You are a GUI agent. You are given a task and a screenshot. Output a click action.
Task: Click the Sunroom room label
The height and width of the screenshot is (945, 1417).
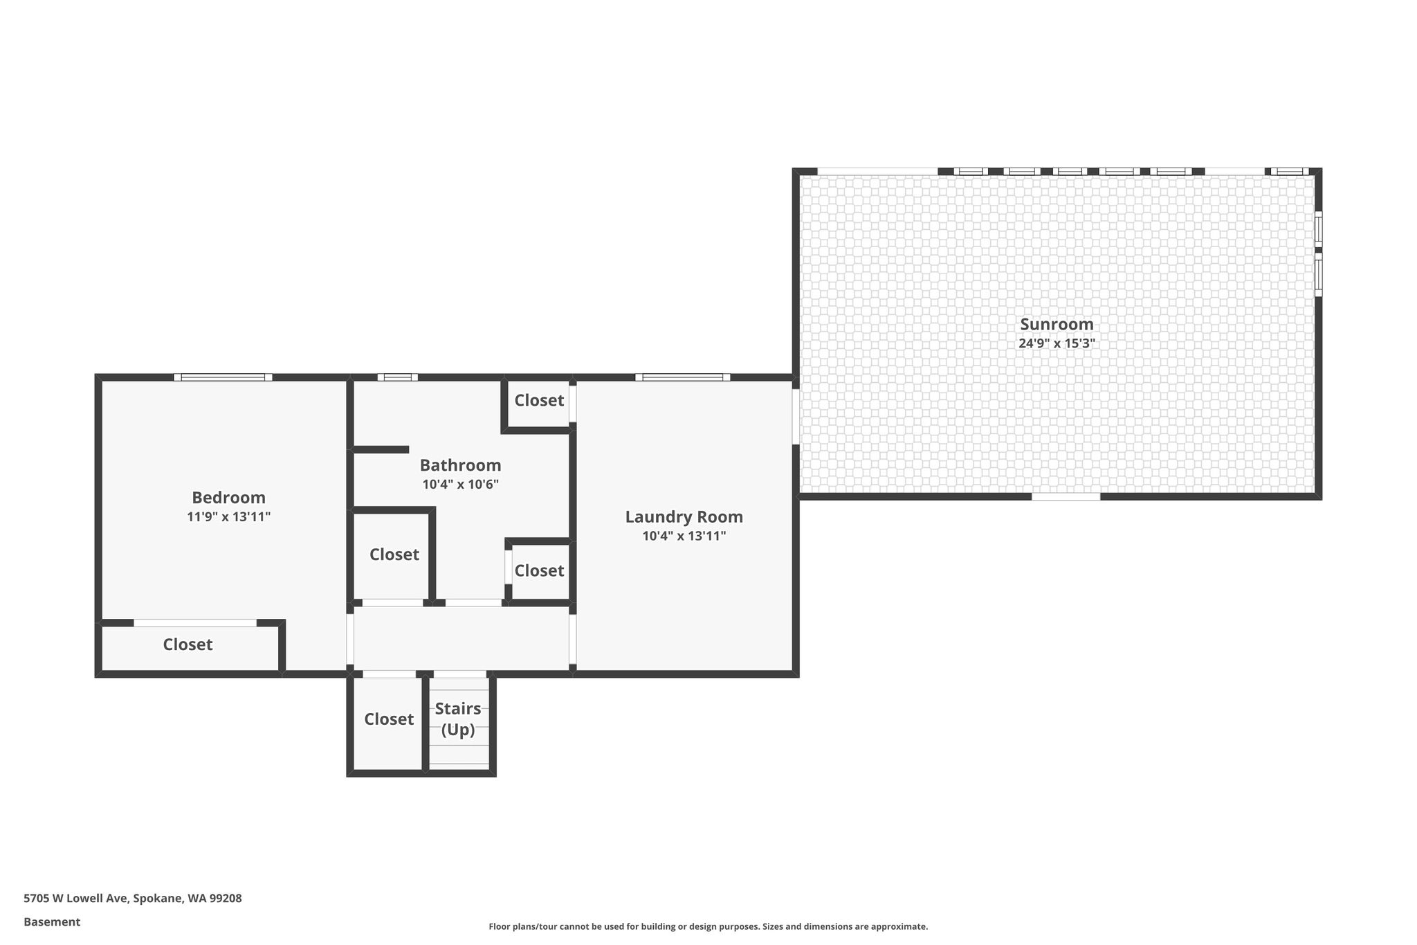[1057, 324]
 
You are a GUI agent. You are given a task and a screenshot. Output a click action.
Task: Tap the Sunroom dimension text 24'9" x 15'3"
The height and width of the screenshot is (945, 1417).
[1057, 343]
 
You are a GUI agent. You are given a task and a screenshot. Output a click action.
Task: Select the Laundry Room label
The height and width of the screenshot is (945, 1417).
[684, 517]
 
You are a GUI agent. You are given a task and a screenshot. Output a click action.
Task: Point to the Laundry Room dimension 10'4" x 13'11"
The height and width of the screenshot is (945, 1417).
[684, 536]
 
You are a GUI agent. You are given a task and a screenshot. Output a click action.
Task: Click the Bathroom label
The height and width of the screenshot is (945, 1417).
[460, 465]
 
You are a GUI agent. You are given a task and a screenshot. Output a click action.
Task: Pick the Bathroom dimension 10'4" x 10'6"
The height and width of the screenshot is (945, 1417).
[460, 485]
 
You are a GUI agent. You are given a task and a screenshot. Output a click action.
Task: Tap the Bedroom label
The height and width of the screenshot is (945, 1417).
[228, 498]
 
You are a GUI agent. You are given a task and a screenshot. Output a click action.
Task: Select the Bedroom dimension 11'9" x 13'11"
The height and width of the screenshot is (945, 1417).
[228, 516]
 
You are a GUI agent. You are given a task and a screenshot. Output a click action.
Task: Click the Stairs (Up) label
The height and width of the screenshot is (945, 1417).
[458, 719]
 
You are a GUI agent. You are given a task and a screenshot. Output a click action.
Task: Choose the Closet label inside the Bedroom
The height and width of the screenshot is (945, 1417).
[188, 645]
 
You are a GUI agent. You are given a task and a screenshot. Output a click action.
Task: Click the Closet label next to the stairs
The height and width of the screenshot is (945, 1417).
[389, 719]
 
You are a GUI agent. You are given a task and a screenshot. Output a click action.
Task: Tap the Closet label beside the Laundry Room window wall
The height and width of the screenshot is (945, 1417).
[539, 400]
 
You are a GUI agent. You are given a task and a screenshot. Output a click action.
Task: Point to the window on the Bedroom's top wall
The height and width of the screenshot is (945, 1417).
[223, 377]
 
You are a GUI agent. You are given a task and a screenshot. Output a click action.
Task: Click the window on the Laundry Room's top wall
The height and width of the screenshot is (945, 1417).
[683, 377]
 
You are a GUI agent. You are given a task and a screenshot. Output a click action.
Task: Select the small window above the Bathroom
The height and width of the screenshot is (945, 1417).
[398, 377]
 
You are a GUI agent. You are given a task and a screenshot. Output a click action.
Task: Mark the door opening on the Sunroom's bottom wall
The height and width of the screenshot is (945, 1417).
[1066, 496]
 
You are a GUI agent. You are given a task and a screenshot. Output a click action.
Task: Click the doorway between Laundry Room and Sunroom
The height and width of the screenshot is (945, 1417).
[796, 416]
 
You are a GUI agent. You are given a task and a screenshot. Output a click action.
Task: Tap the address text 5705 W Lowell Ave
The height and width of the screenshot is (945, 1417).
[75, 899]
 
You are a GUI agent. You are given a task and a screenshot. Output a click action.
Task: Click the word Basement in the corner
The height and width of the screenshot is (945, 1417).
[52, 922]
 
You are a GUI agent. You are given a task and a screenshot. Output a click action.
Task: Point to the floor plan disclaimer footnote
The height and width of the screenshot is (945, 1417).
[708, 926]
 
